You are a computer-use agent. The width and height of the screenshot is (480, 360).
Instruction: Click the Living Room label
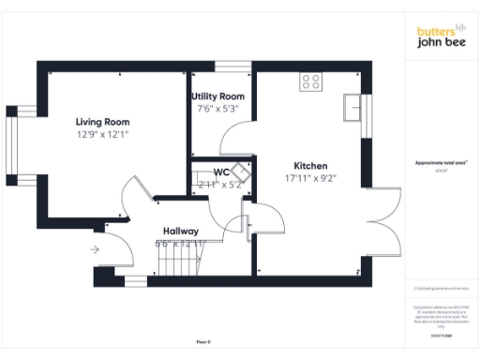tap(102, 122)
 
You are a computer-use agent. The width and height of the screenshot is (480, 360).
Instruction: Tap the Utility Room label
tap(217, 97)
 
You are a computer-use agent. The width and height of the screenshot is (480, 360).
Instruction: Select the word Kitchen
tap(310, 162)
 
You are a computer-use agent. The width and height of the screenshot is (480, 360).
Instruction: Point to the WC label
tap(221, 172)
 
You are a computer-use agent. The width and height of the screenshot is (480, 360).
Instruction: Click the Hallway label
tap(180, 231)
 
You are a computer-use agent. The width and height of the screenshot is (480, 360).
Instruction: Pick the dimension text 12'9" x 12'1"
tap(102, 134)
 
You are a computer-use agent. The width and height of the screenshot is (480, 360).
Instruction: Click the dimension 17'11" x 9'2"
tap(310, 175)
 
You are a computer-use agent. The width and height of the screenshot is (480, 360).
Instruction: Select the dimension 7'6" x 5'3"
tap(217, 109)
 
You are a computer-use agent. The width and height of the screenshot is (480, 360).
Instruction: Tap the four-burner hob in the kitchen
tap(309, 82)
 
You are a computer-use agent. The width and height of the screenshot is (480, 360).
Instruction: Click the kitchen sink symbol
tap(352, 106)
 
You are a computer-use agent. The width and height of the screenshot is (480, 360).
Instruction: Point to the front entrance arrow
tap(96, 249)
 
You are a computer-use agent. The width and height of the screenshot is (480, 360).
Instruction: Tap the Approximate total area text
tap(441, 163)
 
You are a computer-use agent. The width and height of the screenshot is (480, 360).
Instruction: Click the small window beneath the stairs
tap(136, 280)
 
